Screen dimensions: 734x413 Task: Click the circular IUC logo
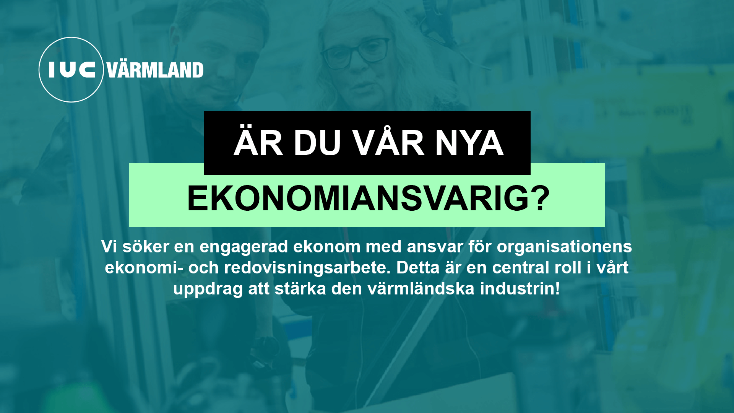coord(71,70)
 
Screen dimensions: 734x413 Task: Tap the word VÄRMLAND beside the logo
coord(155,70)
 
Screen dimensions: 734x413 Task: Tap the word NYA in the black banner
coord(469,143)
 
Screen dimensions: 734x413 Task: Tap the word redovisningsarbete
coord(307,268)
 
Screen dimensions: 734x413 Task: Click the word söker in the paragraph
coord(146,247)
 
